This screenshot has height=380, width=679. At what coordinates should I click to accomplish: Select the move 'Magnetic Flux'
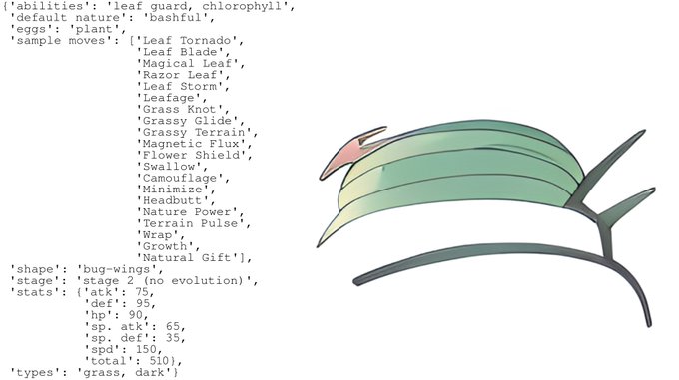coord(191,144)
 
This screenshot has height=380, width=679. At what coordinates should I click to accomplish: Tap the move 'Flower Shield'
coord(191,155)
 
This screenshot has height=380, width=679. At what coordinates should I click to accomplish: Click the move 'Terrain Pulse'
coord(190,223)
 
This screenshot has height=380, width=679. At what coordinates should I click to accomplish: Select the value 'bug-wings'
coord(116,269)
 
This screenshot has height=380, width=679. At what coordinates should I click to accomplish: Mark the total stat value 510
coord(160,361)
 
